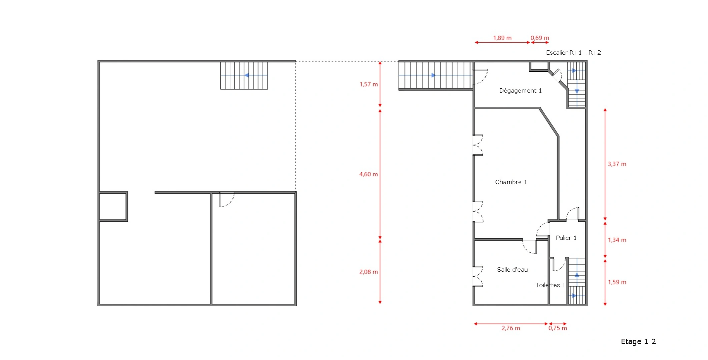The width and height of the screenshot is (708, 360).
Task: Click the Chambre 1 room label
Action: (x=511, y=182)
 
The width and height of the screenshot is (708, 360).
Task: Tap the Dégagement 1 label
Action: (x=520, y=91)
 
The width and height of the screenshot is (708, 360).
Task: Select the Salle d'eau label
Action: (x=512, y=270)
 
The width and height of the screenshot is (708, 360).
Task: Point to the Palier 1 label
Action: (x=566, y=238)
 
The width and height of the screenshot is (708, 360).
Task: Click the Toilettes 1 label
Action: (x=550, y=285)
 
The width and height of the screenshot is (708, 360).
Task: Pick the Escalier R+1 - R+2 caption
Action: (x=573, y=53)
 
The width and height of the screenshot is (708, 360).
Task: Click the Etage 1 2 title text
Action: (x=638, y=341)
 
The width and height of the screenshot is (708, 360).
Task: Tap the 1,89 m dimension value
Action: (x=502, y=38)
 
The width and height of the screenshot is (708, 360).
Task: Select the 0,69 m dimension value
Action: (x=540, y=38)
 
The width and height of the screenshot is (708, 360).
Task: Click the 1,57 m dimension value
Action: (x=369, y=84)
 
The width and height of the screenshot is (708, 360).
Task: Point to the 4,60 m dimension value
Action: (x=369, y=174)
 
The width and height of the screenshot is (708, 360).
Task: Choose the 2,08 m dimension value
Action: (x=369, y=272)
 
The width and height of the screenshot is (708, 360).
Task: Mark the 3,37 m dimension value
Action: (x=617, y=164)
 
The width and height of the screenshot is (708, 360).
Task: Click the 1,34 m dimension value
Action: (x=617, y=240)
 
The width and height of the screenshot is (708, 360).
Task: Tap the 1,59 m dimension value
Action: (x=617, y=282)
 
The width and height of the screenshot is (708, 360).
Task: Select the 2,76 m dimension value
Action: (x=511, y=328)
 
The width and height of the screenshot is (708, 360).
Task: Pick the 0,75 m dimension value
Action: (x=558, y=328)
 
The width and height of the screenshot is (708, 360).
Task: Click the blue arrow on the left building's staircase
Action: (x=246, y=75)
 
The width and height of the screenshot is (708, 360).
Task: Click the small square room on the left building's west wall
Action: (x=113, y=206)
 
